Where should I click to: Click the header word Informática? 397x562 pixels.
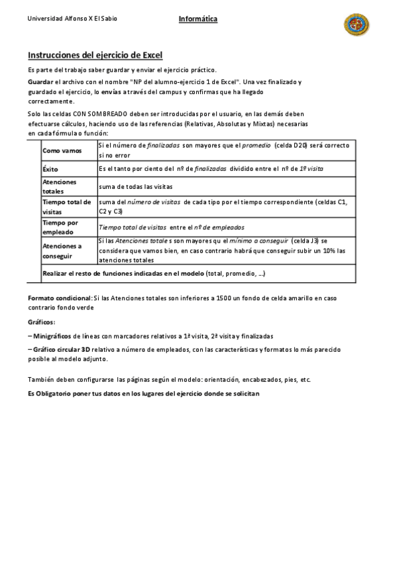point(198,19)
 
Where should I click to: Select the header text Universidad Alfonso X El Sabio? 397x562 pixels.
point(72,19)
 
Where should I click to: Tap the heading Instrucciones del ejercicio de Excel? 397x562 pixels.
point(95,55)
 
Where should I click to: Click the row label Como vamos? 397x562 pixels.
point(62,151)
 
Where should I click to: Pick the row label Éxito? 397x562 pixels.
point(50,170)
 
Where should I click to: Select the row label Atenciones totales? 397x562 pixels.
point(60,186)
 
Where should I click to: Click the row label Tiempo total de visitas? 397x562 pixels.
point(67,206)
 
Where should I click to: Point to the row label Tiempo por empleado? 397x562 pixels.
point(60,227)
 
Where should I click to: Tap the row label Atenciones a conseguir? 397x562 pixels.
point(62,250)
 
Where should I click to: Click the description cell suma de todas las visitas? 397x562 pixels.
point(135,187)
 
